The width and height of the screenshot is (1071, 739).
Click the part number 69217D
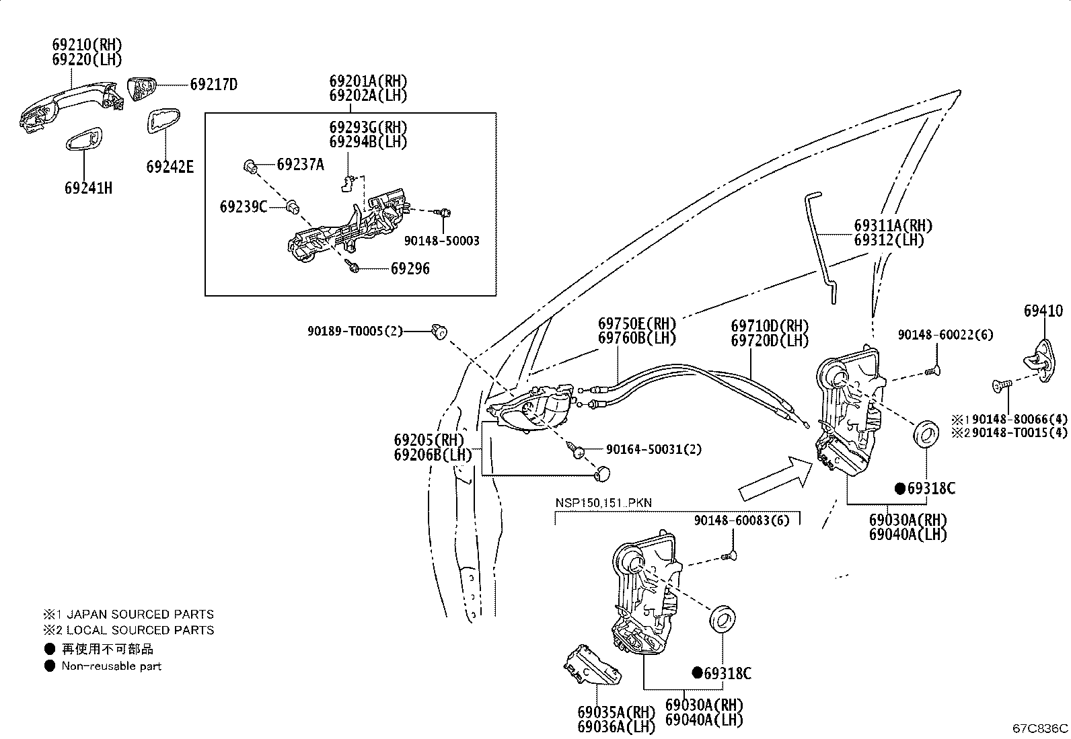tap(214, 85)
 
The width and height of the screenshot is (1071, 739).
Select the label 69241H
tap(88, 188)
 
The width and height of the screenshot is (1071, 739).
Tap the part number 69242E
tap(170, 166)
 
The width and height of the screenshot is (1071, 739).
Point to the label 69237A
tap(300, 164)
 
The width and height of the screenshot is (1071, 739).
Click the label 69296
tap(410, 268)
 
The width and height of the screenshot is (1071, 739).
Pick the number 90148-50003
tap(442, 241)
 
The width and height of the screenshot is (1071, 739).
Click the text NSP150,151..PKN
tap(603, 503)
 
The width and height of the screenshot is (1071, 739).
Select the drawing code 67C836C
tap(1040, 728)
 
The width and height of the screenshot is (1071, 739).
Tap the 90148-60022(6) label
tap(945, 335)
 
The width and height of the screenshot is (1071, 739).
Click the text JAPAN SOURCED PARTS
tap(140, 614)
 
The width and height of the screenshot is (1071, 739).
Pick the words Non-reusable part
tap(111, 666)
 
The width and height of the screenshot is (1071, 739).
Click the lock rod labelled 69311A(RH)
tap(822, 249)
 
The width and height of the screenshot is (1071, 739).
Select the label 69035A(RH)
tap(616, 711)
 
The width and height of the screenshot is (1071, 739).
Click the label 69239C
tap(243, 206)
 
